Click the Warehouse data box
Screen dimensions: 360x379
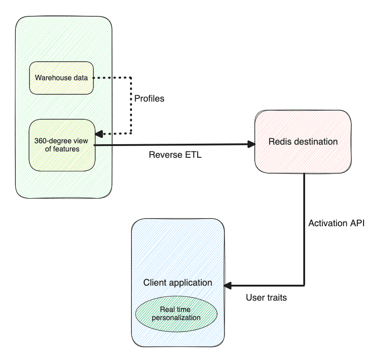pyautogui.click(x=61, y=78)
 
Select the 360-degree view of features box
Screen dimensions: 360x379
pyautogui.click(x=61, y=145)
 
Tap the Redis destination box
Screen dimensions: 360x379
pyautogui.click(x=303, y=141)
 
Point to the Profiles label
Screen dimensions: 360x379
pyautogui.click(x=149, y=98)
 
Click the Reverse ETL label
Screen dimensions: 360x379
pyautogui.click(x=175, y=155)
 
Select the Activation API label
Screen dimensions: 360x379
pyautogui.click(x=336, y=224)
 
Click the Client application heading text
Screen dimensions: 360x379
pyautogui.click(x=178, y=282)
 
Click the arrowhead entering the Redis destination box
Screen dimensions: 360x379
pyautogui.click(x=252, y=145)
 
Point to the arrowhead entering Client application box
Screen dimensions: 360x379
pyautogui.click(x=228, y=285)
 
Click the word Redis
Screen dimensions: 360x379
pyautogui.click(x=279, y=141)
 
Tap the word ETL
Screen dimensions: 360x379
pyautogui.click(x=193, y=155)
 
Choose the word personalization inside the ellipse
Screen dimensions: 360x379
pyautogui.click(x=176, y=317)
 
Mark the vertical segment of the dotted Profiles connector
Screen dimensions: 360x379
pyautogui.click(x=131, y=106)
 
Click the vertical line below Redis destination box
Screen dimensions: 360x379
pyautogui.click(x=304, y=227)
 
